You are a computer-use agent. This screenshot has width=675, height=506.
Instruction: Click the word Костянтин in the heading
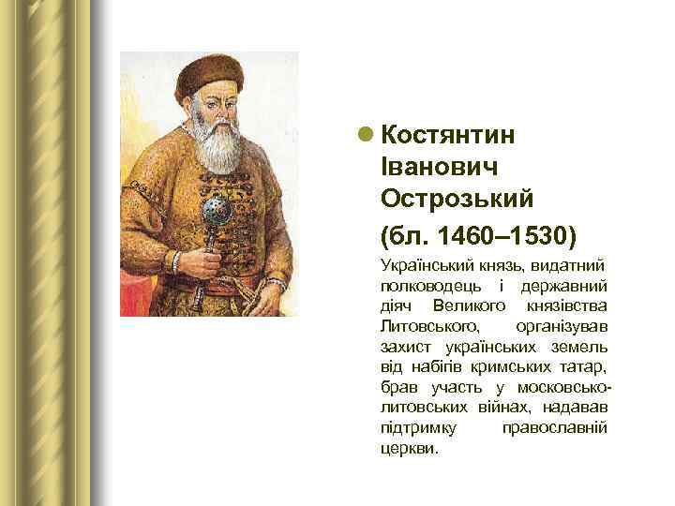click(x=448, y=135)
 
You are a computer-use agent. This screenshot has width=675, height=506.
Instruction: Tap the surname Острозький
click(x=457, y=198)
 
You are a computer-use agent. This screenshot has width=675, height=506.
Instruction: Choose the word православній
click(x=555, y=427)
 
